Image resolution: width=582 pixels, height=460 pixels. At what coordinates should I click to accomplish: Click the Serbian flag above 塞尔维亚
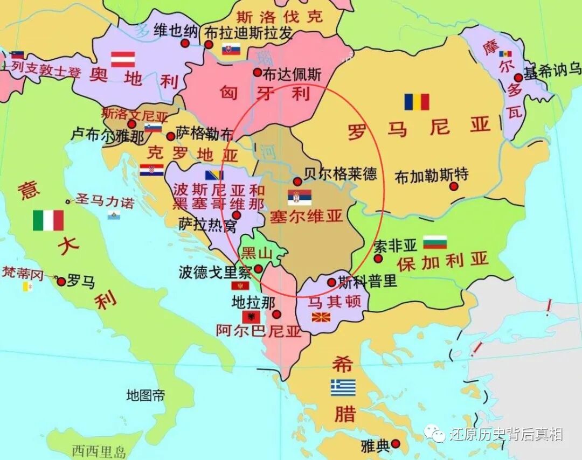click(299, 197)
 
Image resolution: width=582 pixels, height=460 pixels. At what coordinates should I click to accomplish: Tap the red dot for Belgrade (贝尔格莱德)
click(297, 182)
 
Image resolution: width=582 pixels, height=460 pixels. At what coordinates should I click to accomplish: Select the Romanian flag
click(417, 102)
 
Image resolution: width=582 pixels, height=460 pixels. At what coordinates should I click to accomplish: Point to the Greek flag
click(343, 387)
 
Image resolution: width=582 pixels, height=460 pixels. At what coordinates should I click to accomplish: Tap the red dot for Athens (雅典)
click(396, 444)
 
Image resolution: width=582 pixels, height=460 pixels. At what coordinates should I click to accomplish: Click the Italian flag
click(48, 220)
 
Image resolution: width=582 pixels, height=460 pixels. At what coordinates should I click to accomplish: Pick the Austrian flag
click(123, 59)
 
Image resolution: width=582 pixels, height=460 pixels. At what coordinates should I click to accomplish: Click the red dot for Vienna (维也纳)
click(185, 43)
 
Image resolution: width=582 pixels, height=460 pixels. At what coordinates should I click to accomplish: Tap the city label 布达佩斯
click(292, 74)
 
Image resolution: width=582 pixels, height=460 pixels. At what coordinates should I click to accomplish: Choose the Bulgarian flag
click(435, 242)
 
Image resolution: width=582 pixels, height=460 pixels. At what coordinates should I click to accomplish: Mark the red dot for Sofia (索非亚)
click(378, 259)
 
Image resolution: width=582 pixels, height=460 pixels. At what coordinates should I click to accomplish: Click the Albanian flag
click(251, 317)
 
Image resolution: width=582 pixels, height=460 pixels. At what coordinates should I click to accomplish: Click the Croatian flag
click(151, 170)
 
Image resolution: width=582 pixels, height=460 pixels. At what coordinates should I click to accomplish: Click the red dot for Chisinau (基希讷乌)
click(518, 78)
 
